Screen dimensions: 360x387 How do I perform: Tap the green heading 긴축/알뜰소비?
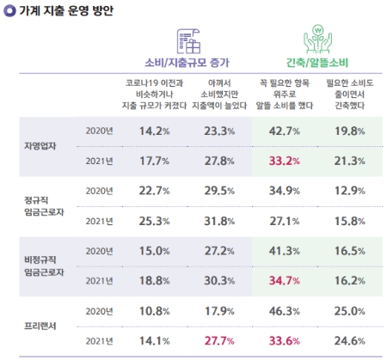pyautogui.click(x=317, y=62)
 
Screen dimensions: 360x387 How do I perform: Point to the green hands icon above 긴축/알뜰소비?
pyautogui.click(x=318, y=40)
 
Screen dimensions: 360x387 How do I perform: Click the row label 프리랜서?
pyautogui.click(x=37, y=326)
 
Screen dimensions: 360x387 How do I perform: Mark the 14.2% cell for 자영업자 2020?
pyautogui.click(x=147, y=131)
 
